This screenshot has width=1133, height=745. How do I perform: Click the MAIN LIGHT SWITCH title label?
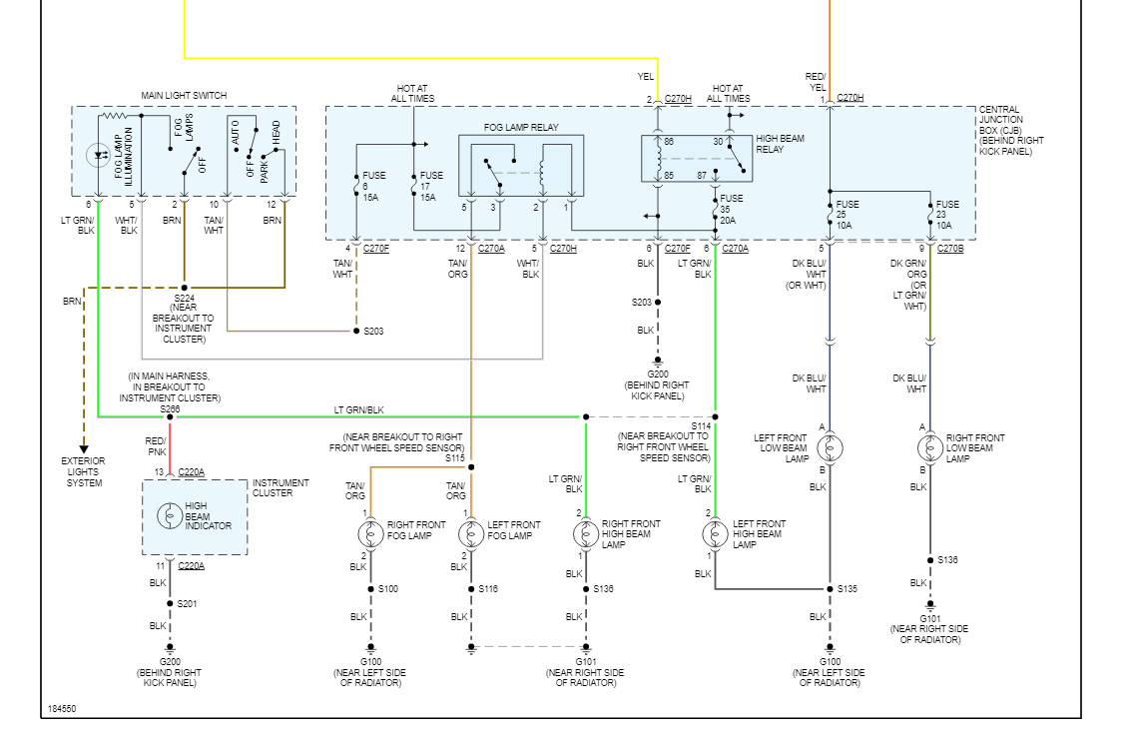click(x=184, y=96)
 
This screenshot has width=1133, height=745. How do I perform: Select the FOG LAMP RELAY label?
click(x=521, y=127)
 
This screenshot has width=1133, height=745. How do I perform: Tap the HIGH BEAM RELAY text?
click(x=781, y=144)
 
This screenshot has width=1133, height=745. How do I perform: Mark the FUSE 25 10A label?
click(x=847, y=216)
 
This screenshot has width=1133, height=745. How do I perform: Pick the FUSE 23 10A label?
click(x=946, y=216)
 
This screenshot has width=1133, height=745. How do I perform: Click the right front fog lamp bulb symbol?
click(x=371, y=534)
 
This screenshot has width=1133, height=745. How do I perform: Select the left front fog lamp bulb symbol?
click(x=471, y=534)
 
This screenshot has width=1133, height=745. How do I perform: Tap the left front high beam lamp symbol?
click(x=715, y=534)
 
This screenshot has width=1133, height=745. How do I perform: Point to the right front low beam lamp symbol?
click(x=930, y=448)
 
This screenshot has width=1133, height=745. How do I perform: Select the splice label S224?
click(x=183, y=299)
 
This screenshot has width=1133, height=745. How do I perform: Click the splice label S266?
click(x=171, y=408)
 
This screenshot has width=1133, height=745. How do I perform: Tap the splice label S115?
click(x=455, y=457)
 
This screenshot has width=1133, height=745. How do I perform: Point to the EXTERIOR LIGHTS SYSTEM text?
click(x=84, y=471)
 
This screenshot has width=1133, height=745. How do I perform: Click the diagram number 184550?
click(x=62, y=708)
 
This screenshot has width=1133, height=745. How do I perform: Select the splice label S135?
click(x=849, y=589)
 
